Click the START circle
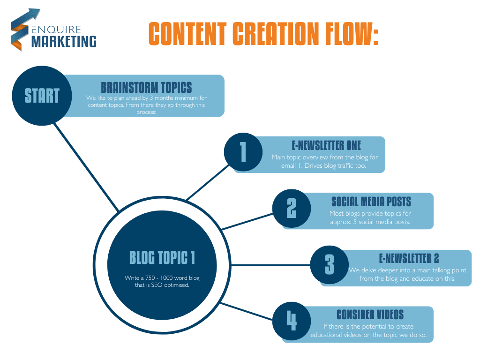click(x=42, y=96)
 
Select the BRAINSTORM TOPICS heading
click(x=146, y=88)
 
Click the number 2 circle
click(x=292, y=208)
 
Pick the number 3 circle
click(x=330, y=264)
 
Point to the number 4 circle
click(x=292, y=321)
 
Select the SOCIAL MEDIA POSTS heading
click(x=371, y=202)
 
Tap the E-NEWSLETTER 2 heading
click(x=409, y=258)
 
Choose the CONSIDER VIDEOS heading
click(x=370, y=315)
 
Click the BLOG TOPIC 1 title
click(x=162, y=257)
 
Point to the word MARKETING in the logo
click(x=64, y=41)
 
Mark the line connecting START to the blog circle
click(x=89, y=169)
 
